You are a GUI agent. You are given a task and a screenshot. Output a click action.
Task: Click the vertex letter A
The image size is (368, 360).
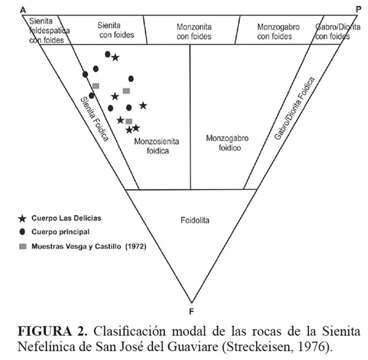point(23,10)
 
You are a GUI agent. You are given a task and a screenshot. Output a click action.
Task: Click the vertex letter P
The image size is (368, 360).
point(358,10)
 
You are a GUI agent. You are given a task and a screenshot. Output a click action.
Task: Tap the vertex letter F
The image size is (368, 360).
point(191,311)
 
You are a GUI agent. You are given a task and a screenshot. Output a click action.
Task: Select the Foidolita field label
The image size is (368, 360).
point(195,220)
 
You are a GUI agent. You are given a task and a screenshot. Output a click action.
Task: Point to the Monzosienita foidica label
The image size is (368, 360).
point(157,146)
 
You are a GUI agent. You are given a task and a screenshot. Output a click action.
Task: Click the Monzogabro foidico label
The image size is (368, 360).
point(227,143)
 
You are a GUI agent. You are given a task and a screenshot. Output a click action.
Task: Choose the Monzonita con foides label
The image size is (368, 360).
point(194,31)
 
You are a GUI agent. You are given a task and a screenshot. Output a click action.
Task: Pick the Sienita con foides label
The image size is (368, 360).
point(116,30)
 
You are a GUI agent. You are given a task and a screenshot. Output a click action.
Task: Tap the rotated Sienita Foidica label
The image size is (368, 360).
point(95,119)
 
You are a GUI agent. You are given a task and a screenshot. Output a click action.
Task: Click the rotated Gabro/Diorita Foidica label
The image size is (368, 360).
point(294,108)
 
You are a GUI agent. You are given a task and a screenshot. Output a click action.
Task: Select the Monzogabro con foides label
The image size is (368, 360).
point(278,31)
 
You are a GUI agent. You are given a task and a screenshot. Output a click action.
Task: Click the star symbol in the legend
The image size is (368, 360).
point(22,218)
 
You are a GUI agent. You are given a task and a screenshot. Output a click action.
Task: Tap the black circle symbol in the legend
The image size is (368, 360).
point(22,232)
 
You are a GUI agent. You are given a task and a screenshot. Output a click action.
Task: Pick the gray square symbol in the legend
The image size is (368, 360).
point(22,247)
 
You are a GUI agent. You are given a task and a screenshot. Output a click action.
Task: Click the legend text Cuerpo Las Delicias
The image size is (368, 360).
point(67,218)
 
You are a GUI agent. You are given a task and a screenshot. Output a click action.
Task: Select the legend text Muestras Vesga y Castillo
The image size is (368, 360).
point(76,247)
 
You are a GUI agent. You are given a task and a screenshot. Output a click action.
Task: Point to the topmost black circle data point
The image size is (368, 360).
point(108,54)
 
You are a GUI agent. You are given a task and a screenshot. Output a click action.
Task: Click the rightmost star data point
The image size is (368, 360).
point(143,106)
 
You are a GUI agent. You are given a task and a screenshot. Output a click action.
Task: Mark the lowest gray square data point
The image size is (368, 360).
point(129,122)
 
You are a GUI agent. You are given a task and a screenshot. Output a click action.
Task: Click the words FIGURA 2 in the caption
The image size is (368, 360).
point(52,331)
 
